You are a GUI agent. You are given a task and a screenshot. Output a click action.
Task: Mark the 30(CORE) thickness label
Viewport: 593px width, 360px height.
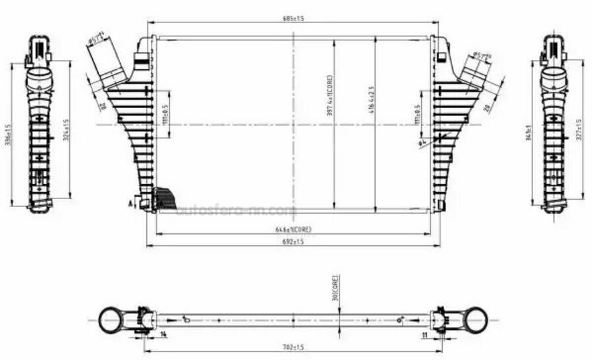click(335, 288)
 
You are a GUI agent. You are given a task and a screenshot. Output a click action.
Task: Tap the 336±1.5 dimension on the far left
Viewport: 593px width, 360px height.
click(9, 135)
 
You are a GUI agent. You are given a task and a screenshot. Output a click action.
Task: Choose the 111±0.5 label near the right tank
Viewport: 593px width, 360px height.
click(416, 114)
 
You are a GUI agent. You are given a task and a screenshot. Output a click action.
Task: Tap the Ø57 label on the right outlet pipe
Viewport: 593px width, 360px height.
click(483, 56)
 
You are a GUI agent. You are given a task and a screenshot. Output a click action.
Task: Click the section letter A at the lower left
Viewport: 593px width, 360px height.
click(131, 204)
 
